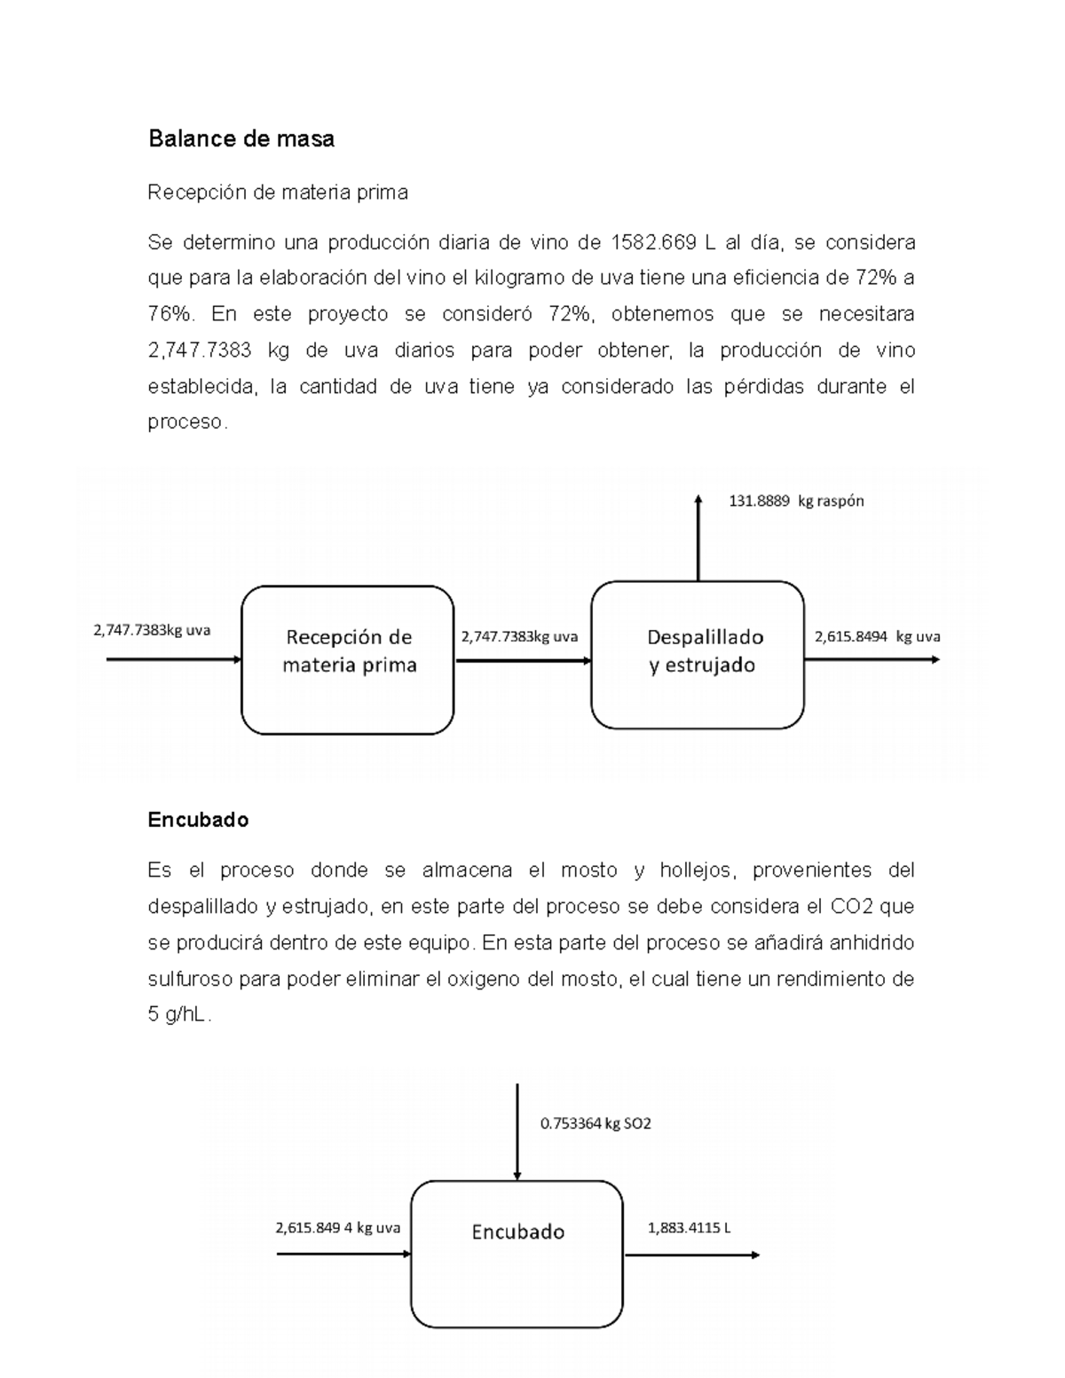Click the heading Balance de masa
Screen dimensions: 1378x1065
pos(241,139)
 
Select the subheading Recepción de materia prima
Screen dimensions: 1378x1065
pos(277,192)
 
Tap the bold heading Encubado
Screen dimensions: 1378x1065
pos(198,820)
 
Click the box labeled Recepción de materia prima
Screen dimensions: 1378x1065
pos(348,659)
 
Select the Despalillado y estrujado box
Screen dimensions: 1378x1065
pos(698,655)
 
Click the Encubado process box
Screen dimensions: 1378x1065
pos(517,1253)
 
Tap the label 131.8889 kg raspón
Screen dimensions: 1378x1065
pos(795,500)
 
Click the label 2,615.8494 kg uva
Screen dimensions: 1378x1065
pos(877,636)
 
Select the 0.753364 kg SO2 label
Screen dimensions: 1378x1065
pos(596,1123)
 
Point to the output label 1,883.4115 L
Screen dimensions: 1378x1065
pos(689,1229)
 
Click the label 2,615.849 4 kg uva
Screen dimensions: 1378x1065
pos(337,1229)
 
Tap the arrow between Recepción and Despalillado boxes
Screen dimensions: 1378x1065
pos(523,660)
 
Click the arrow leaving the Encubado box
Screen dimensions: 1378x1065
pos(691,1255)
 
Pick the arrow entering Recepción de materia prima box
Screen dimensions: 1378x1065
pos(174,659)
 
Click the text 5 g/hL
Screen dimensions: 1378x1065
pos(178,1016)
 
